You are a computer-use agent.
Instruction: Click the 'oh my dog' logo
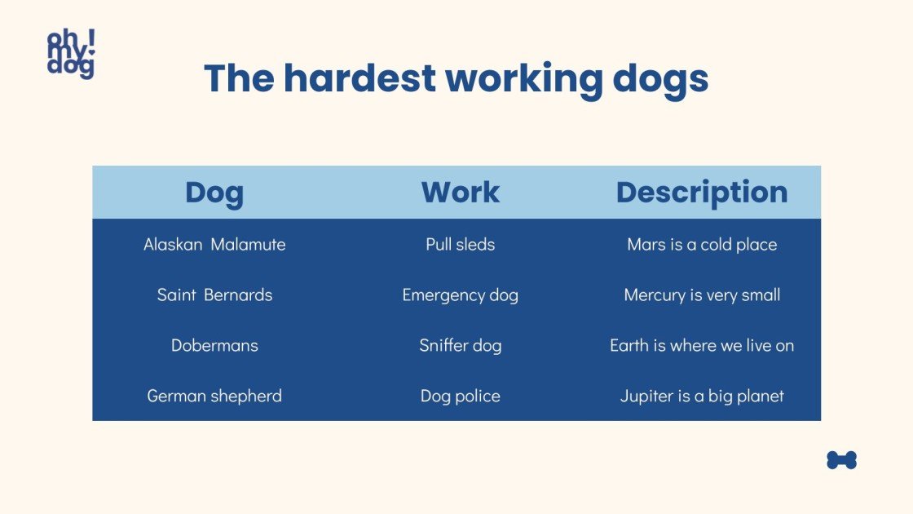pos(71,54)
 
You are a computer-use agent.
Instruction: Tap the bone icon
pos(841,460)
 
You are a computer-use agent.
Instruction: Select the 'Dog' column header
pos(214,193)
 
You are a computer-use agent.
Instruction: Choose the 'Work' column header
pos(460,193)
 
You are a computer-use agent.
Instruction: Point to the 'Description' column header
pos(702,193)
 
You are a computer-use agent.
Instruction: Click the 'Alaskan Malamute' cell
pos(214,244)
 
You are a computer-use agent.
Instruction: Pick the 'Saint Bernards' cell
pos(214,295)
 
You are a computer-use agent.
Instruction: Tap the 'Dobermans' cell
pos(214,345)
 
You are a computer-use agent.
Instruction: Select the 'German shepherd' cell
pos(214,396)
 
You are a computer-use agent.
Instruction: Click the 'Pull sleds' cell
pos(460,244)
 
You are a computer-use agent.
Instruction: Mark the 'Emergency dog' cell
pos(460,295)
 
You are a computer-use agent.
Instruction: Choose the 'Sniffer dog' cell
pos(460,345)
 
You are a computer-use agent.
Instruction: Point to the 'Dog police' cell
pos(460,396)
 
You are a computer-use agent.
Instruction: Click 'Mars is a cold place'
pos(702,244)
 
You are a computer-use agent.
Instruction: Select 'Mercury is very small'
pos(702,295)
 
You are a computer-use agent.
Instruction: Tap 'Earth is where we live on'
pos(702,345)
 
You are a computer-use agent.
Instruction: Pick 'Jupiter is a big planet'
pos(702,396)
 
